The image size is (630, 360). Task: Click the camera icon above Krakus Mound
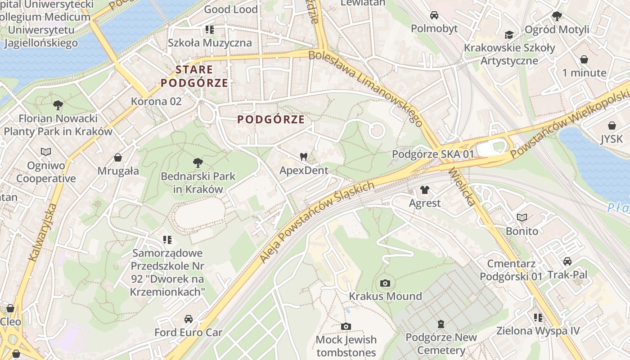(385, 283)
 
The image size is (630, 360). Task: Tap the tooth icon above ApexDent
(304, 157)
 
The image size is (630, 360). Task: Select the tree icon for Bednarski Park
(198, 162)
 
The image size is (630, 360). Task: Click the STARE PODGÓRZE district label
(194, 76)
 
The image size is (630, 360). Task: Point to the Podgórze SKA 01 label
(433, 154)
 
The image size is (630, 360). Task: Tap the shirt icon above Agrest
(425, 190)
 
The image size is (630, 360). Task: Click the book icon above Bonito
(522, 218)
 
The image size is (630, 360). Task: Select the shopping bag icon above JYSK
(612, 126)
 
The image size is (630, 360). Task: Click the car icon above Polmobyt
(434, 15)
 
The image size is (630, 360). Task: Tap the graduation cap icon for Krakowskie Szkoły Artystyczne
(509, 35)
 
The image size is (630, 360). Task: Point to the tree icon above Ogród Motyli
(557, 16)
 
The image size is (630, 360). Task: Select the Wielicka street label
(462, 187)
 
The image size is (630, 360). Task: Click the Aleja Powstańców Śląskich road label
(317, 222)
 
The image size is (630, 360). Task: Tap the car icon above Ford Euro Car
(189, 319)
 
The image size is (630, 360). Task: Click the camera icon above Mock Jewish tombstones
(346, 326)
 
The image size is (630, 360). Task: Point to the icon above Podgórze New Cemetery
(441, 324)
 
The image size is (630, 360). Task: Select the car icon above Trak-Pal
(567, 261)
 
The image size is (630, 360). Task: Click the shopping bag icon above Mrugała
(118, 157)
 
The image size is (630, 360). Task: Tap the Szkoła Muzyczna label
(210, 43)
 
